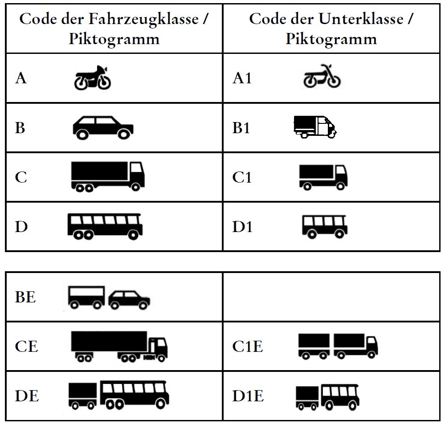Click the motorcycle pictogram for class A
click(92, 78)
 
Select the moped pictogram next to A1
click(322, 78)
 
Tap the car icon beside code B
click(103, 127)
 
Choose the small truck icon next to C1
click(323, 177)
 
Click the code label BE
click(25, 297)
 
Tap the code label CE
click(26, 346)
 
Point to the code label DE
click(27, 395)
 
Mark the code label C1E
click(248, 346)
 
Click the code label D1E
click(248, 395)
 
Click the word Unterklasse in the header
click(360, 19)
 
